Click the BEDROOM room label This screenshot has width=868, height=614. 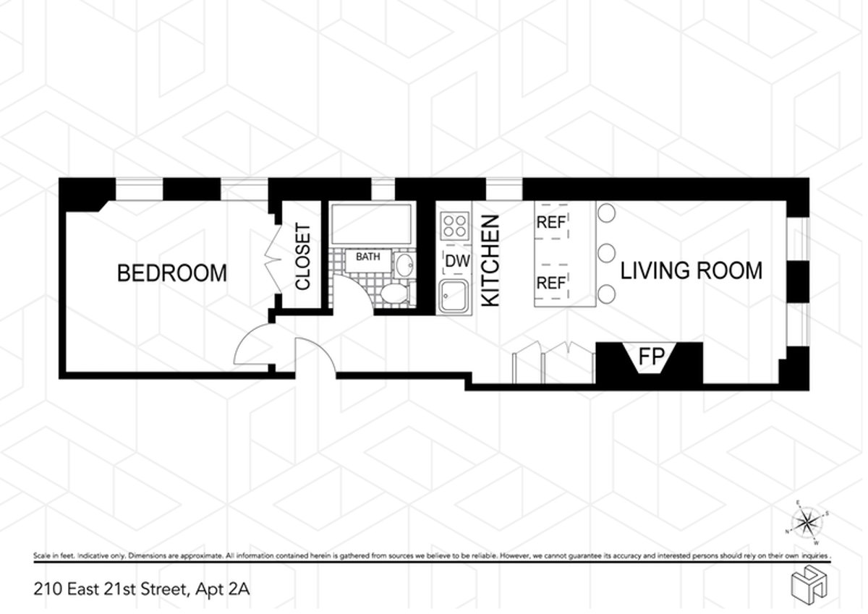coord(172,273)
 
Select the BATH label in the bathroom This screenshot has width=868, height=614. coord(367,256)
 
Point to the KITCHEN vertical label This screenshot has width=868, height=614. coord(491,260)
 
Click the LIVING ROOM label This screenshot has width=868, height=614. coord(691,270)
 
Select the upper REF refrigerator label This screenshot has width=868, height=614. coord(550,223)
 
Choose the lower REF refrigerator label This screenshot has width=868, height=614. coord(550,283)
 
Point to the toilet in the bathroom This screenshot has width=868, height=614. coord(395,294)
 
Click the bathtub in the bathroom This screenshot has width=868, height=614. coord(371,224)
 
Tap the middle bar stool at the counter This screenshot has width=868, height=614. coord(606,253)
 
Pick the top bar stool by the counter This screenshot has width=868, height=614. coord(606,213)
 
